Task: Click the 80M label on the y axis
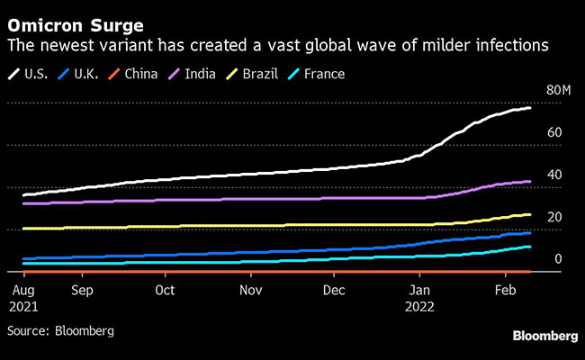pyautogui.click(x=559, y=91)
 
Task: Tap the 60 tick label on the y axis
pyautogui.click(x=554, y=132)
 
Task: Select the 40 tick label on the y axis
pyautogui.click(x=554, y=175)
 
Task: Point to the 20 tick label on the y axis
pyautogui.click(x=554, y=217)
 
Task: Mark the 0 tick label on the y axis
pyautogui.click(x=558, y=259)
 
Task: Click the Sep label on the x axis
pyautogui.click(x=82, y=291)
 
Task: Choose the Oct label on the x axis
pyautogui.click(x=165, y=291)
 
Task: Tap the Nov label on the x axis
pyautogui.click(x=250, y=291)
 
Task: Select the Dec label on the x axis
pyautogui.click(x=334, y=291)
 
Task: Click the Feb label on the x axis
pyautogui.click(x=505, y=291)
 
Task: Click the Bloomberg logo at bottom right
pyautogui.click(x=544, y=336)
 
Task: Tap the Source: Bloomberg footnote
pyautogui.click(x=60, y=330)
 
